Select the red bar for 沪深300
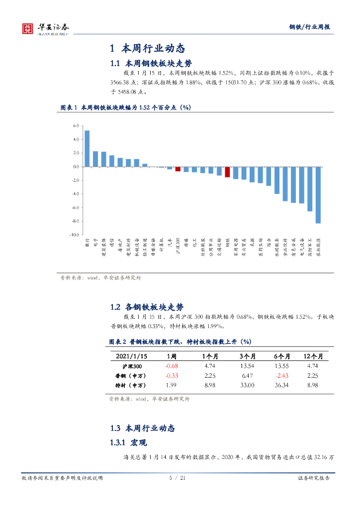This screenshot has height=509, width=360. click(x=178, y=169)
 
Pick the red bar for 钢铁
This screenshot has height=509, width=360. click(x=227, y=172)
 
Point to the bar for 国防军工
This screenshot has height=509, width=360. click(x=310, y=189)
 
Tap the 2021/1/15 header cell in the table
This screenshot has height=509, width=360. click(x=131, y=356)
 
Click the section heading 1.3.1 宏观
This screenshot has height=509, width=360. click(x=128, y=442)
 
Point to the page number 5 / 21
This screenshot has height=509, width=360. click(x=178, y=478)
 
